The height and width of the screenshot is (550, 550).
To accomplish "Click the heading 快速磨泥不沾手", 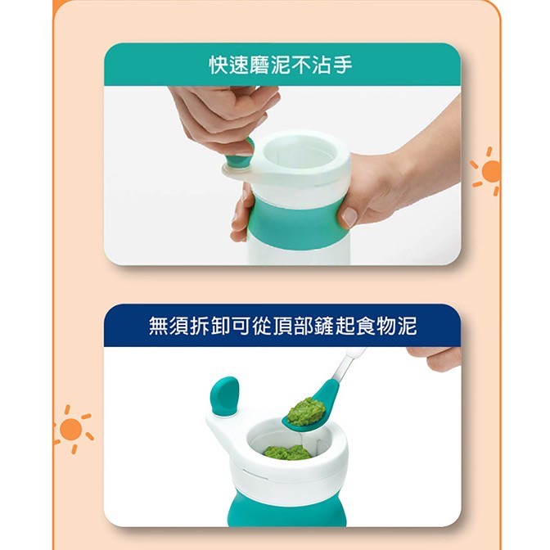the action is click(x=281, y=65).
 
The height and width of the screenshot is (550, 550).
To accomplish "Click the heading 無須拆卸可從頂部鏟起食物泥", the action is click(x=282, y=327).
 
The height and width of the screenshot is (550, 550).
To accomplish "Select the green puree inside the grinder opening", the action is click(x=287, y=453).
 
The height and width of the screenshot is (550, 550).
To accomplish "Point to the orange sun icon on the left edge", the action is click(x=72, y=429).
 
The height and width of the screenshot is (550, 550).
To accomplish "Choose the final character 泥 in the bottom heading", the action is click(x=408, y=327).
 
